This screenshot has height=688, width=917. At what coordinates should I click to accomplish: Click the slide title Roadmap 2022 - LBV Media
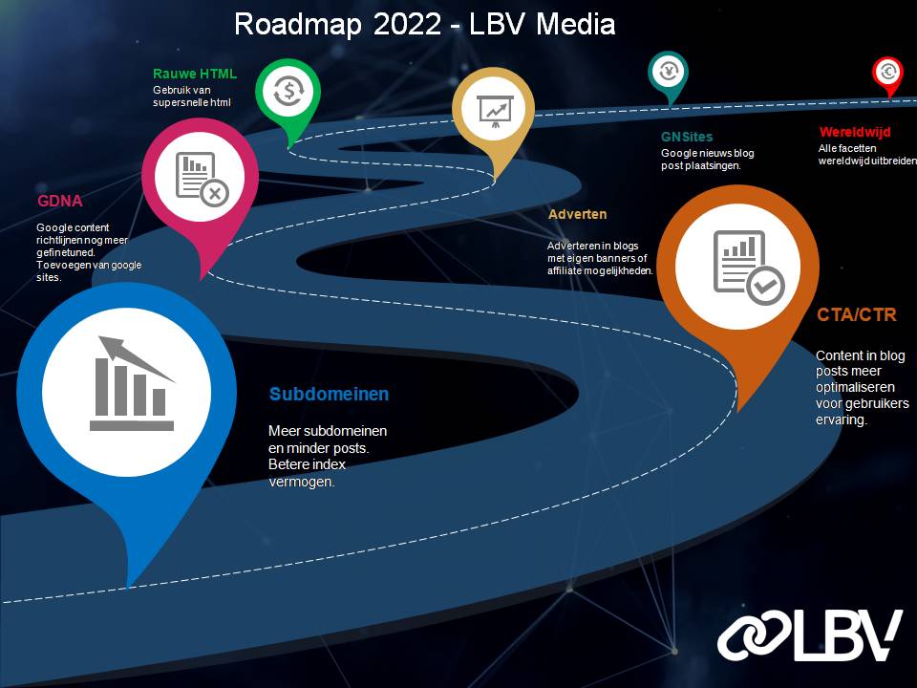[424, 23]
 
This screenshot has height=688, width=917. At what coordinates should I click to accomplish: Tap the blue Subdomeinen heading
[329, 394]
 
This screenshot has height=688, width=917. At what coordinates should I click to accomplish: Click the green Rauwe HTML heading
[194, 74]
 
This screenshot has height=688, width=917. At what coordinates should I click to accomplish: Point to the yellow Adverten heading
[577, 214]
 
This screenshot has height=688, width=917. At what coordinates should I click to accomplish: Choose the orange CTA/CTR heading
[856, 314]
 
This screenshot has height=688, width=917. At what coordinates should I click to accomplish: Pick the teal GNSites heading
[686, 137]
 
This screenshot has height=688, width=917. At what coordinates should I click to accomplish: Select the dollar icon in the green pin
[288, 92]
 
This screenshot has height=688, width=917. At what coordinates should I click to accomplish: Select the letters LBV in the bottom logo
[845, 634]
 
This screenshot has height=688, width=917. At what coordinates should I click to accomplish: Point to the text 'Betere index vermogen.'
[307, 473]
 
